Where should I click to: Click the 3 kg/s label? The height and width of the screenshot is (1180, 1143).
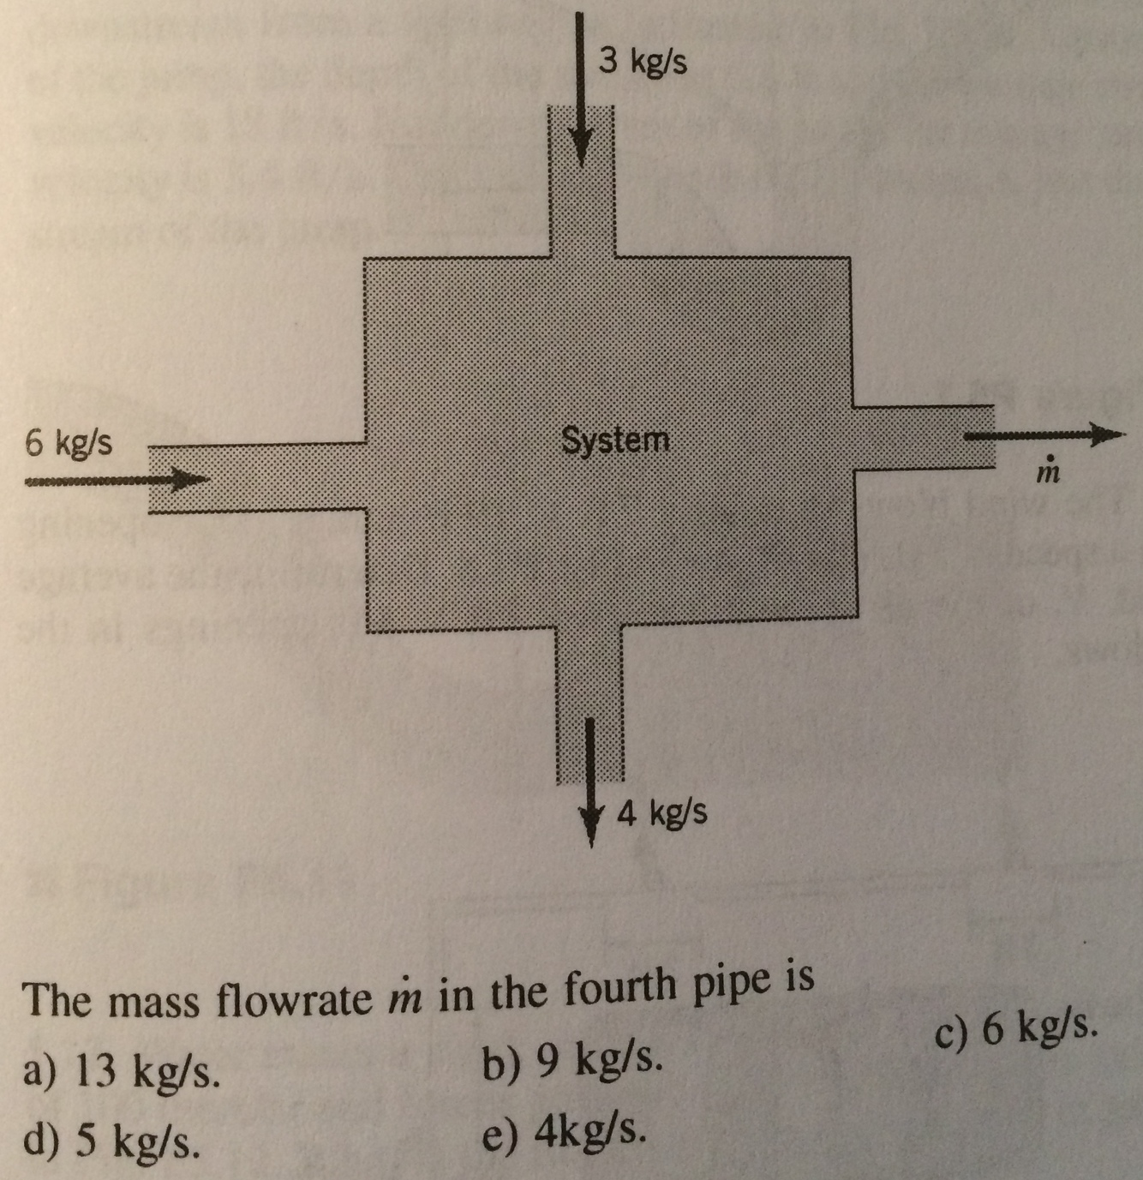(x=643, y=62)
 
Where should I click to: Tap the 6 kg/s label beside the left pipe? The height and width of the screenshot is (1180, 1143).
(x=68, y=444)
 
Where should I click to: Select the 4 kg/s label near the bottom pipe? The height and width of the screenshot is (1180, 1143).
(x=662, y=812)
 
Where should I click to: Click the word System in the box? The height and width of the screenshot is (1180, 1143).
(x=615, y=440)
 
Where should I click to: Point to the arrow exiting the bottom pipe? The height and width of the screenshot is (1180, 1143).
(x=590, y=780)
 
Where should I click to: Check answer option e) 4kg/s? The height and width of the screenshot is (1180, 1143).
(x=563, y=1135)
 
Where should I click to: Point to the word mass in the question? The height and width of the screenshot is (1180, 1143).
(x=159, y=1001)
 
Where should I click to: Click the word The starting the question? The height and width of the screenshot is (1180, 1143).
(x=59, y=999)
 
